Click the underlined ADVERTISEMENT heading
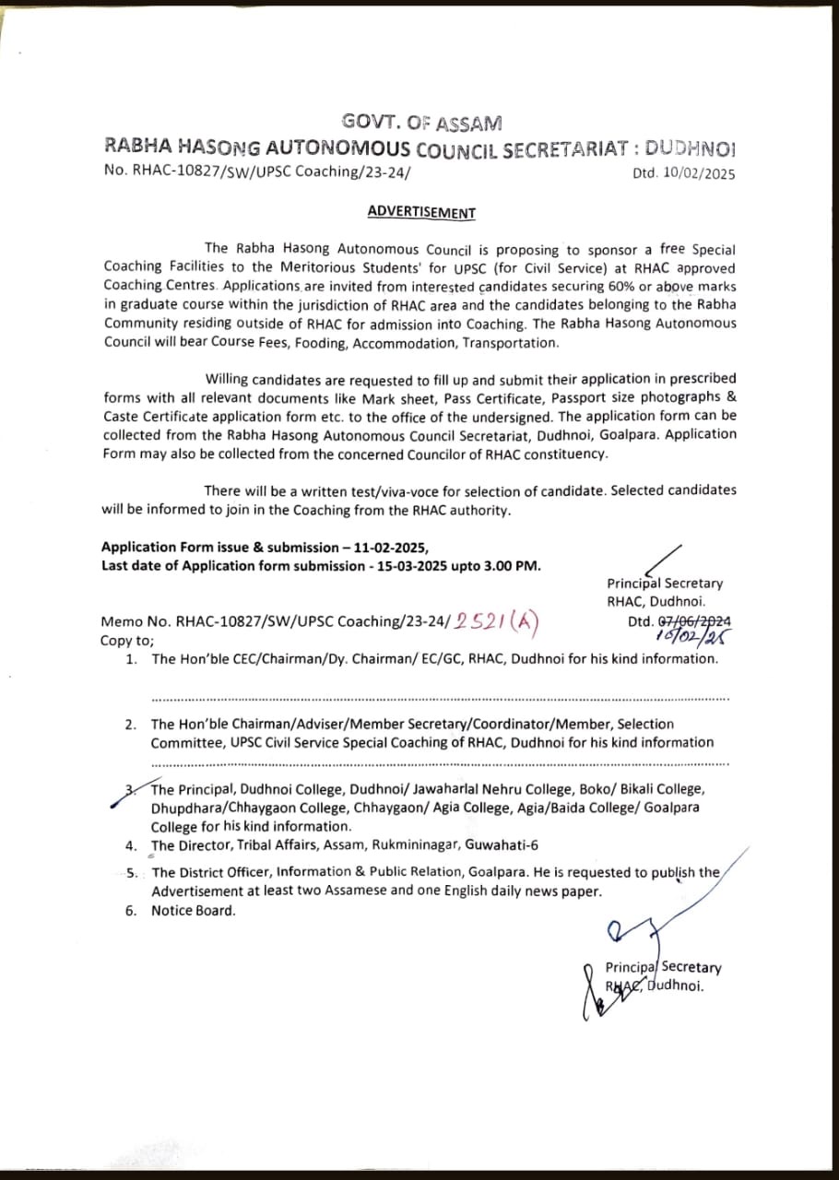pyautogui.click(x=421, y=212)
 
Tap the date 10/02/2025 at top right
pyautogui.click(x=697, y=173)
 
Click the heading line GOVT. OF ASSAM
pyautogui.click(x=421, y=122)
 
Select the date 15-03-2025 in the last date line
pyautogui.click(x=414, y=565)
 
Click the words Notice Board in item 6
pyautogui.click(x=194, y=911)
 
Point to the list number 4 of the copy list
pyautogui.click(x=131, y=845)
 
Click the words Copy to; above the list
pyautogui.click(x=127, y=640)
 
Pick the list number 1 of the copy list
pyautogui.click(x=131, y=659)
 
